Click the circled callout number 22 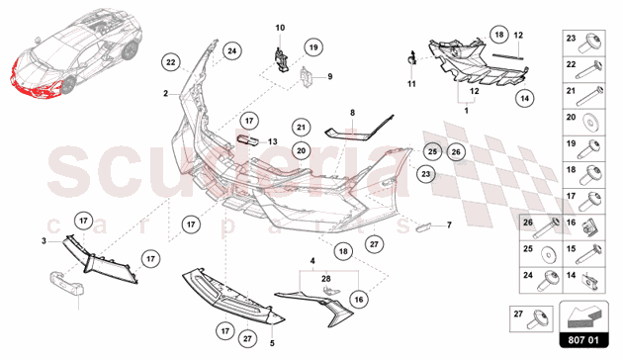point(171,62)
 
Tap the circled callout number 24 point(232,50)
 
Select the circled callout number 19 point(313,47)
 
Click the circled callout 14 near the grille point(525,98)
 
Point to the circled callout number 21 point(301,128)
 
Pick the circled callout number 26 point(456,151)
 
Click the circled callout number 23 point(425,174)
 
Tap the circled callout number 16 point(359,300)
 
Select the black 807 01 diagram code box point(583,340)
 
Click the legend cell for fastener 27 point(531,318)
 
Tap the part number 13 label point(273,141)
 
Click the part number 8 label point(352,113)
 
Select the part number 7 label point(449,225)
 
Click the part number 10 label point(280,28)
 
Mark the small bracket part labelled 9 point(306,76)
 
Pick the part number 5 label point(272,343)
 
